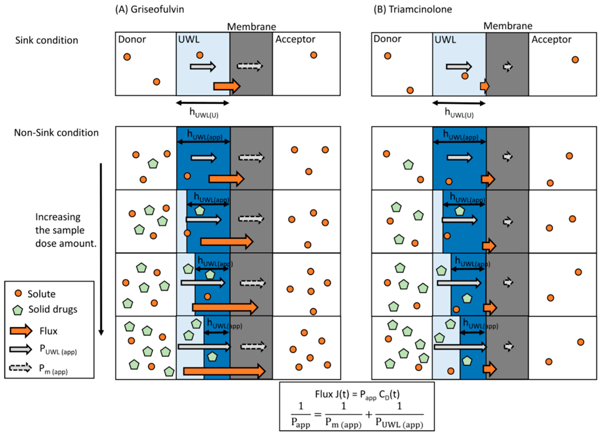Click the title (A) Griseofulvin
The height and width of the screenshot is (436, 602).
click(150, 10)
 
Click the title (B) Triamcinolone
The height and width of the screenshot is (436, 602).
click(413, 10)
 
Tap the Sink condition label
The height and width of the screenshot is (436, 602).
click(47, 40)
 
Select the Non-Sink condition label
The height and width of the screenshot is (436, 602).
click(56, 132)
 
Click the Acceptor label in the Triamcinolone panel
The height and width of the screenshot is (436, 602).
click(551, 40)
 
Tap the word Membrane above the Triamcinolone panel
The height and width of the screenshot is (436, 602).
click(508, 26)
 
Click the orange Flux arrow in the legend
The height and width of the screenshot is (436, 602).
click(21, 331)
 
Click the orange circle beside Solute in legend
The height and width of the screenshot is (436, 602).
click(18, 293)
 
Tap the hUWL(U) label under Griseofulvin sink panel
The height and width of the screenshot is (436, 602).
click(204, 113)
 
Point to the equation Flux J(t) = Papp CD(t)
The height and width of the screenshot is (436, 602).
click(357, 394)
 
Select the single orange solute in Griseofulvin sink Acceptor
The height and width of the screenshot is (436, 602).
click(314, 55)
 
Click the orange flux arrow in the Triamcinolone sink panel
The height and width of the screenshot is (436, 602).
click(484, 86)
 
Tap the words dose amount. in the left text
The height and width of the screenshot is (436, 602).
click(66, 243)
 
